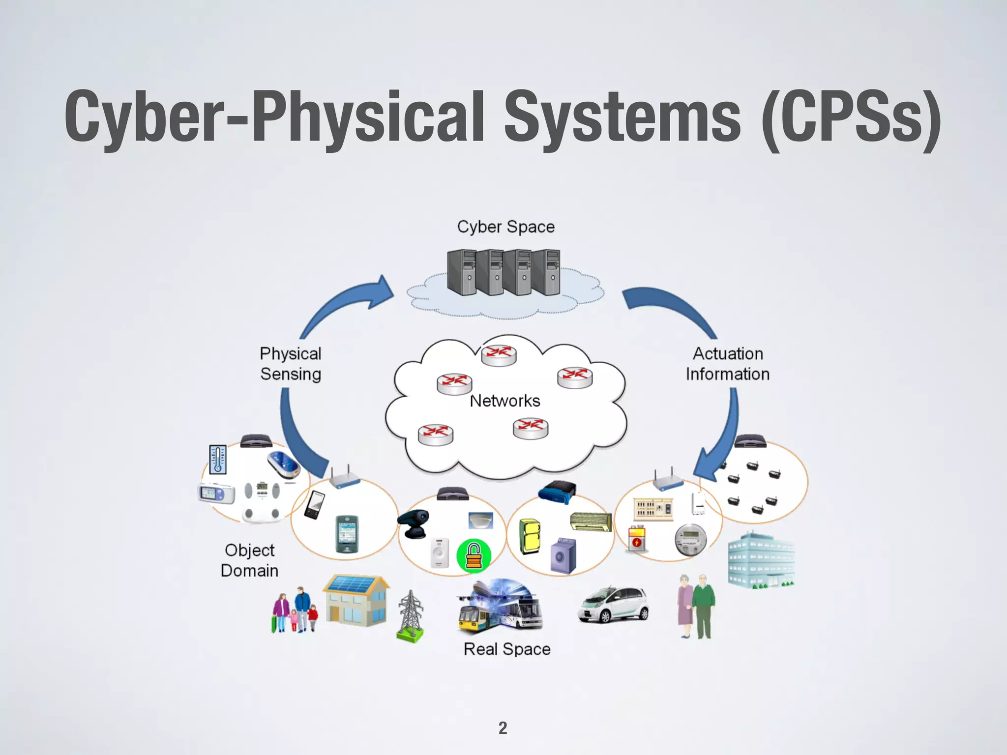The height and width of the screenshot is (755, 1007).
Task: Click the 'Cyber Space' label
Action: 505,227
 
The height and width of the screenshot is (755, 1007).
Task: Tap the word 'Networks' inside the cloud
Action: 505,401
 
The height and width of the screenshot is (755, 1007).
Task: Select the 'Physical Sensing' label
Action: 291,364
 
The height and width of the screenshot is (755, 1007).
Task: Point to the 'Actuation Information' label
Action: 728,364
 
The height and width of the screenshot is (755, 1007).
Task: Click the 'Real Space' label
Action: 507,649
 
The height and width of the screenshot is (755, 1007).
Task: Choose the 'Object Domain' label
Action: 249,560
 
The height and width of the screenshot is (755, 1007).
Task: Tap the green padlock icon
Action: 474,555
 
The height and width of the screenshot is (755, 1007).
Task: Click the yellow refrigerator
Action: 530,536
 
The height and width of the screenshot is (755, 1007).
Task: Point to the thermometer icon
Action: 218,460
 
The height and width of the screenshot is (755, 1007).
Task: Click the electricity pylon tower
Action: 410,616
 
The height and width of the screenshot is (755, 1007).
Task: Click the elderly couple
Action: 696,606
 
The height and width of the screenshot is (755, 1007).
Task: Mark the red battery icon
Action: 637,539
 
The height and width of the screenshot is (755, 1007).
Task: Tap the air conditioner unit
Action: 591,522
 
